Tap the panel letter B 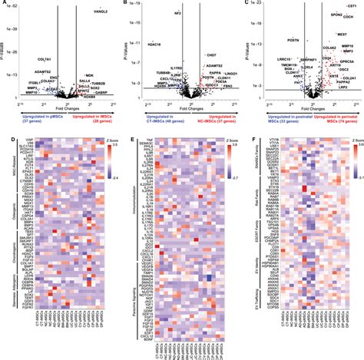point(124,4)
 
